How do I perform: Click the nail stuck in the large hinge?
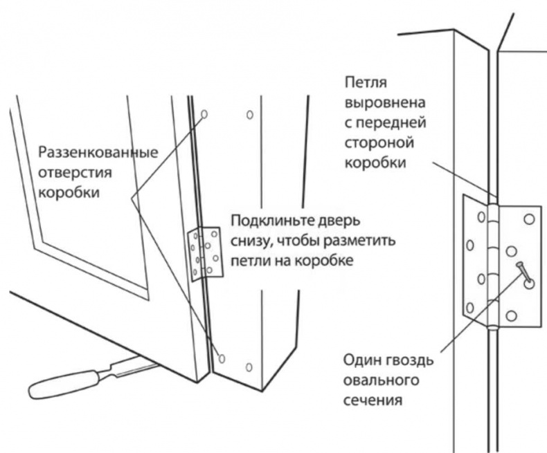pyautogui.click(x=523, y=274)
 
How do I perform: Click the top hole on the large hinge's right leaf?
pyautogui.click(x=529, y=219)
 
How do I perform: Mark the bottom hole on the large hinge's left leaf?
pyautogui.click(x=469, y=307)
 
